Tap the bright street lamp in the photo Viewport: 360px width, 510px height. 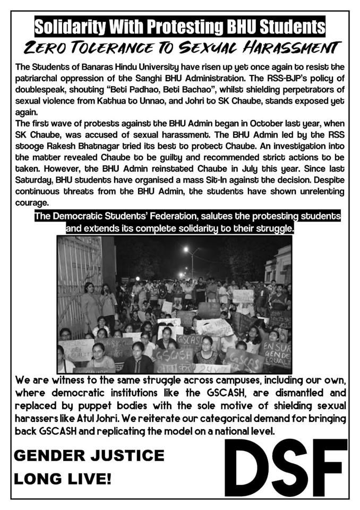pyautogui.click(x=186, y=249)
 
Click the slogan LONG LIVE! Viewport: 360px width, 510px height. pyautogui.click(x=63, y=479)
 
